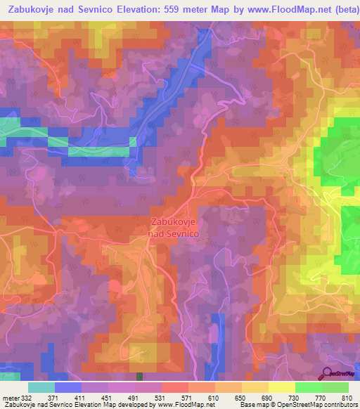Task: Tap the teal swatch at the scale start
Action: click(41, 388)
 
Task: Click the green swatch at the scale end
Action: click(335, 388)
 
